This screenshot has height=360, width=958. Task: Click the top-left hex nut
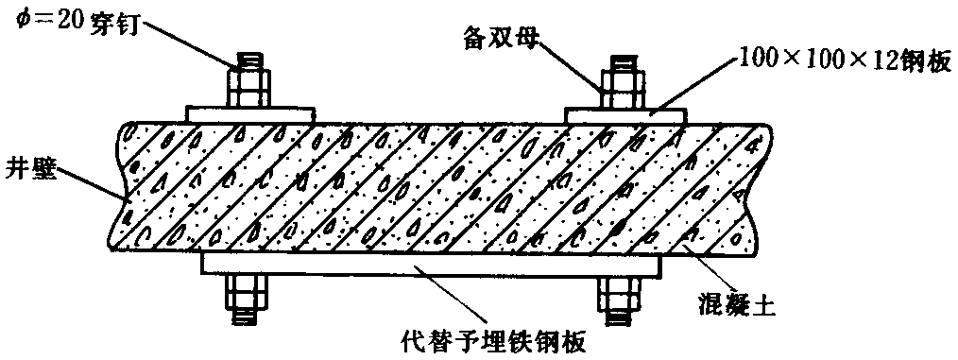(248, 89)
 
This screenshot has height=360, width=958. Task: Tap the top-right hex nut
(623, 89)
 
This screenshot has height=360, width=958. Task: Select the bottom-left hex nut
(248, 292)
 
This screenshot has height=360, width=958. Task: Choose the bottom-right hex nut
(620, 293)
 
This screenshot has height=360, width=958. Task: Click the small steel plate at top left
(250, 113)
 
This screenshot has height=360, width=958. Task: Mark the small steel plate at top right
(626, 115)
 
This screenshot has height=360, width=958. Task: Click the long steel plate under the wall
(431, 264)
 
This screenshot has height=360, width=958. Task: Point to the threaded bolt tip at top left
(248, 62)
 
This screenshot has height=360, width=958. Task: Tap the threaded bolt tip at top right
(623, 63)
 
